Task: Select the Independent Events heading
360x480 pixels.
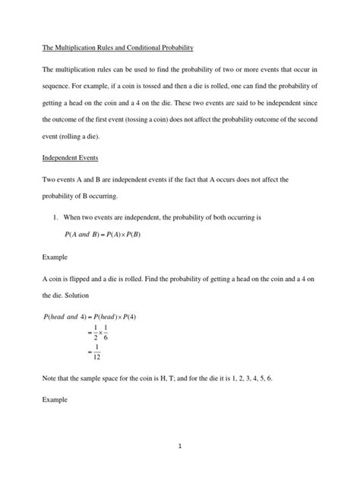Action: (x=71, y=159)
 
